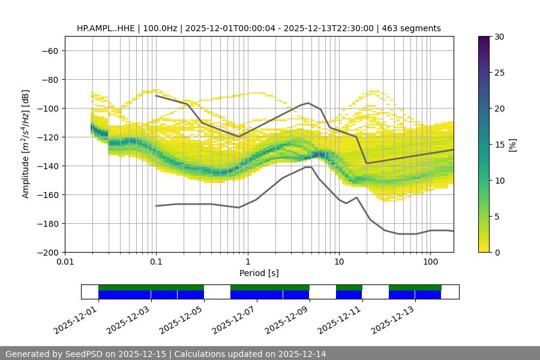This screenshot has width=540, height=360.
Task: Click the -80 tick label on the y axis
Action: (49, 79)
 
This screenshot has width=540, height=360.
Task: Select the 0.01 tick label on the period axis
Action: (65, 262)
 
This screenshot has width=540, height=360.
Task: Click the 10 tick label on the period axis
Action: (338, 262)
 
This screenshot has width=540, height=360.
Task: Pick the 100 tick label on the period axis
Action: (430, 262)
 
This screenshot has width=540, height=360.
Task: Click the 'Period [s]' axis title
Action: (259, 273)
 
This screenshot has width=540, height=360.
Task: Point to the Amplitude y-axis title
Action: (26, 144)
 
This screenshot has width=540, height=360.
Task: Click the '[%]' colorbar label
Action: (512, 145)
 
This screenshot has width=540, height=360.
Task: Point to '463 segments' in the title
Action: (414, 28)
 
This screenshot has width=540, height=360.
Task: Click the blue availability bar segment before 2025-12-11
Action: (349, 295)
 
